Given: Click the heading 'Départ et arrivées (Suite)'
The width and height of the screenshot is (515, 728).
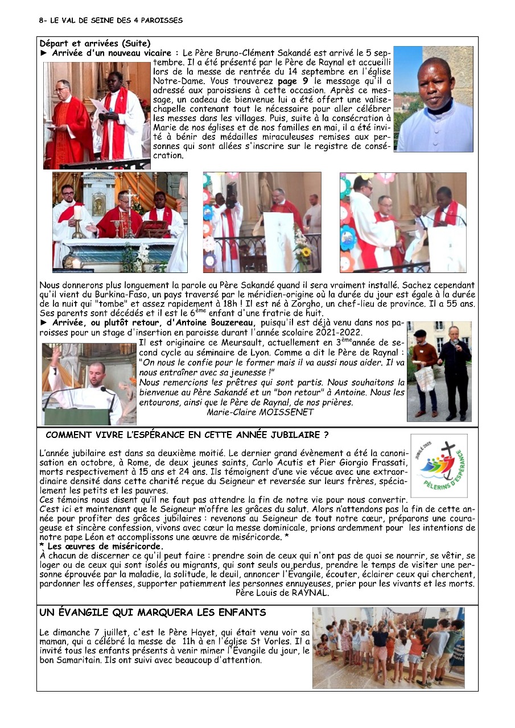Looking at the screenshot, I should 95,43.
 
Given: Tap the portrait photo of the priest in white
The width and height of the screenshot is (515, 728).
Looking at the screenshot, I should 434,99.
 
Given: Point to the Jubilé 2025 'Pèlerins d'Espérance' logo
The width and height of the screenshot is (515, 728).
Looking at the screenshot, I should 439,466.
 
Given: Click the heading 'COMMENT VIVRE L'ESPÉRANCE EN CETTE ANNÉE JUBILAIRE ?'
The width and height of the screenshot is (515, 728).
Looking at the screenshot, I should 187,436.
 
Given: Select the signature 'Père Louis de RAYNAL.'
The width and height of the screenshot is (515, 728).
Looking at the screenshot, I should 282,593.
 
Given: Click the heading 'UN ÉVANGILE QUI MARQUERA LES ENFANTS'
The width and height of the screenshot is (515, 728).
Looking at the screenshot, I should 153,613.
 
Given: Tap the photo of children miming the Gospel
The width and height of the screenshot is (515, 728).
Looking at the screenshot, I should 388,647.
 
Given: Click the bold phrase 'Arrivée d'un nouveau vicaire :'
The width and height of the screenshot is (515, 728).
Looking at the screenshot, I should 116,53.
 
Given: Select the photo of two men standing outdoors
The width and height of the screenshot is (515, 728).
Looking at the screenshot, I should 439,371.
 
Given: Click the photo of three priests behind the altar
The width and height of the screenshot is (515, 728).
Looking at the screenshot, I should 120,222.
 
